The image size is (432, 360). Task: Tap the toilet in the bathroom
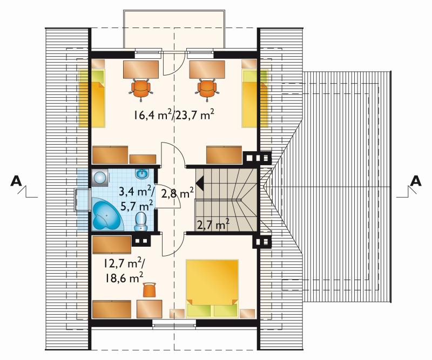tap(141, 221)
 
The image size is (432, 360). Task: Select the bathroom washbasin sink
tap(142, 174)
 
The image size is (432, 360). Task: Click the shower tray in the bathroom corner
tap(100, 178)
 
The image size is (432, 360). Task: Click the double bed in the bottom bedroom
tap(212, 288)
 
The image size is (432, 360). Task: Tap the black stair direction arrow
tap(200, 182)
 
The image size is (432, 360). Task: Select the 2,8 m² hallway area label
tap(178, 193)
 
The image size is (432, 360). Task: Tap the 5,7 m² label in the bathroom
tap(137, 206)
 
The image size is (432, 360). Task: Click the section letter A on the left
tap(16, 181)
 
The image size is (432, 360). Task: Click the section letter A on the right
tap(416, 181)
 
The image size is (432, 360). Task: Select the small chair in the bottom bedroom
tap(150, 290)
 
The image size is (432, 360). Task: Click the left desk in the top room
tap(141, 70)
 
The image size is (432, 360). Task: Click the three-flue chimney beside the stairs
tap(258, 158)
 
